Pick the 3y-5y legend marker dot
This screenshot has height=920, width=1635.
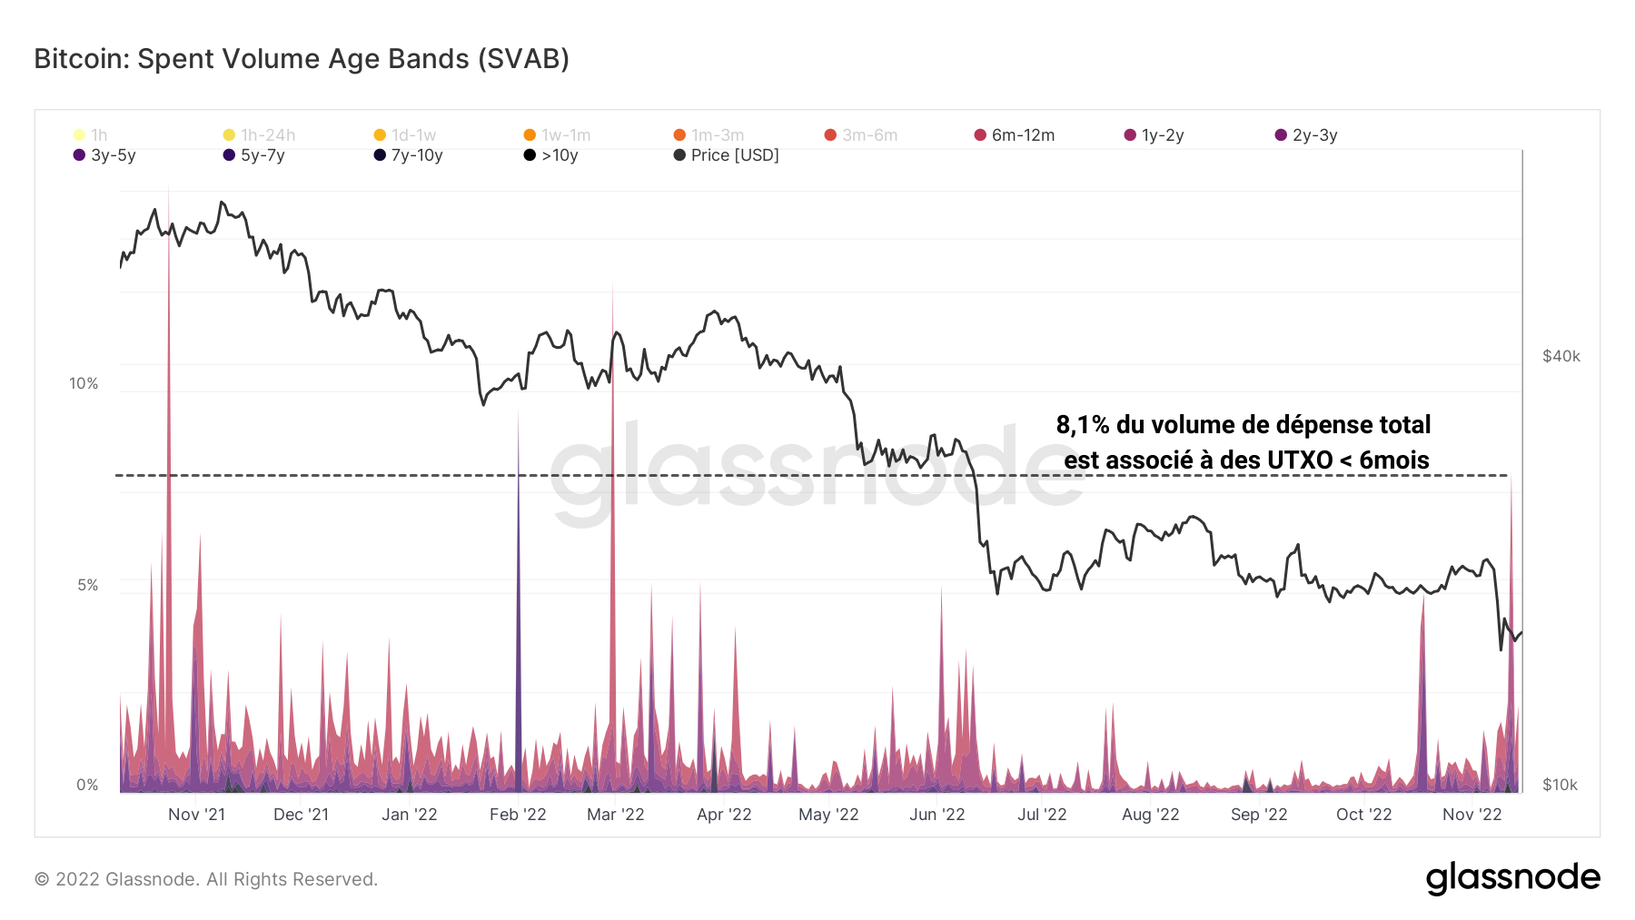[x=79, y=155]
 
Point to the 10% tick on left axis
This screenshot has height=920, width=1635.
[x=84, y=383]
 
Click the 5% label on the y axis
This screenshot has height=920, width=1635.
[x=87, y=585]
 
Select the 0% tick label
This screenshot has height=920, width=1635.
[x=87, y=785]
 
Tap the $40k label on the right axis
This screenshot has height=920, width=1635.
[x=1561, y=356]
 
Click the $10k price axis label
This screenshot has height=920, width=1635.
[x=1560, y=785]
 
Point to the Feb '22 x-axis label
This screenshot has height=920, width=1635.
[x=518, y=815]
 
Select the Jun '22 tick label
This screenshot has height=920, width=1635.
[x=936, y=815]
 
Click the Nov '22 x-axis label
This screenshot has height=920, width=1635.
[x=1471, y=815]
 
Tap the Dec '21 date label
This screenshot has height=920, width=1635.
[x=301, y=815]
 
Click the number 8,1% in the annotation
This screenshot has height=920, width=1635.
[x=1083, y=425]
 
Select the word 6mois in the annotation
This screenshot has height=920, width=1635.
[x=1393, y=460]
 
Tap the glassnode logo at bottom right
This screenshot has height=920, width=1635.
[x=1512, y=878]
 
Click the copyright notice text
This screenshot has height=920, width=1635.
[x=206, y=879]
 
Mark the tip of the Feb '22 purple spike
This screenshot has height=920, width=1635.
[x=518, y=411]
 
